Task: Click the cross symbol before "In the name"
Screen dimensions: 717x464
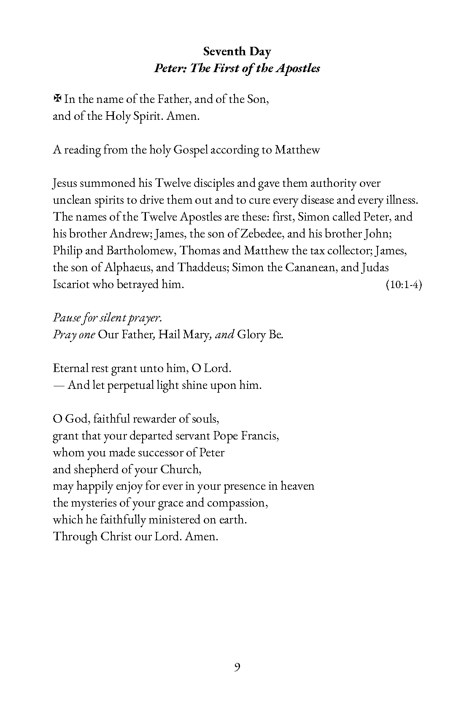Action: (x=57, y=99)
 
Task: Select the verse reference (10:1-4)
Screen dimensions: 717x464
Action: (x=404, y=285)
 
